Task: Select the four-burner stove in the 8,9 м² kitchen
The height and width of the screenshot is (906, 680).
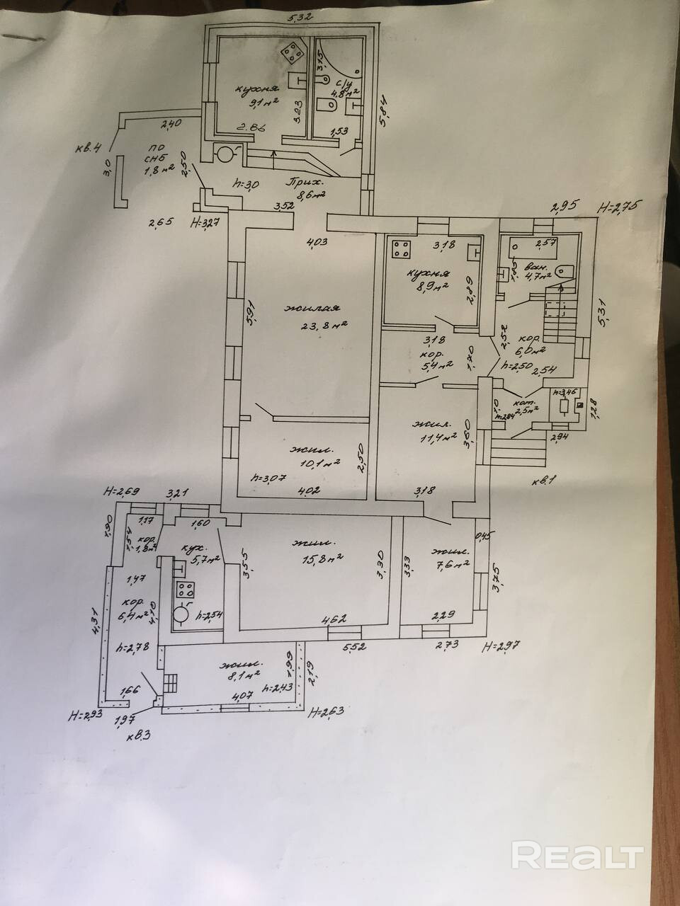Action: (x=402, y=251)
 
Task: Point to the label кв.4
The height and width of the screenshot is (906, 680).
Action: (x=90, y=148)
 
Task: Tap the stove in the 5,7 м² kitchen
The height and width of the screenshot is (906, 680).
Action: (x=186, y=589)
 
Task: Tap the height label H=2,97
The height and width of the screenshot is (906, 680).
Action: (x=502, y=646)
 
